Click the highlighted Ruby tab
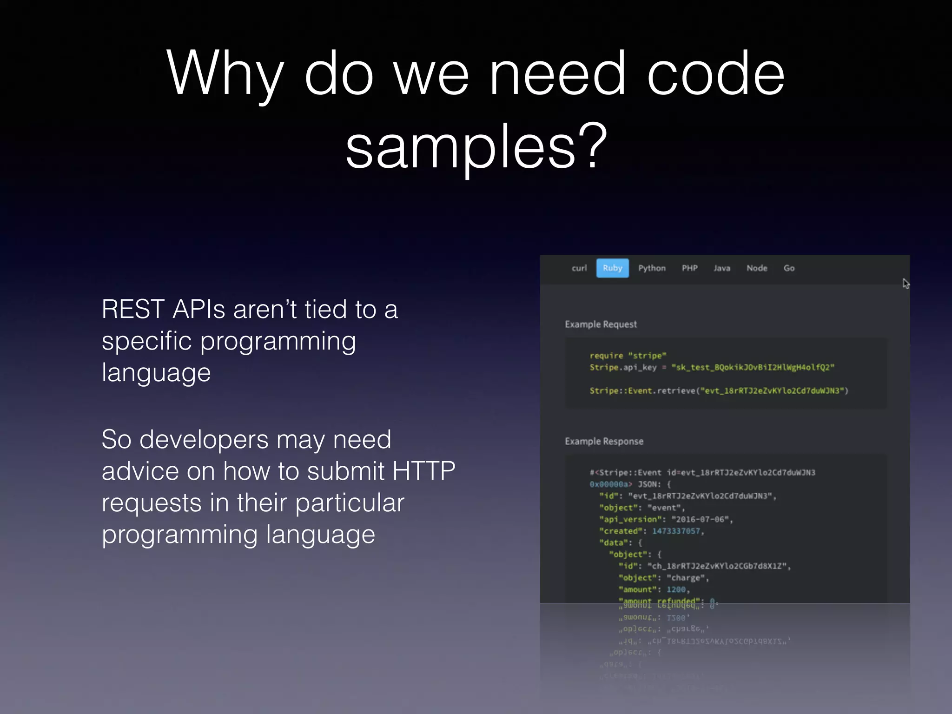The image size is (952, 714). (x=612, y=268)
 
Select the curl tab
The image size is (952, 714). (x=579, y=268)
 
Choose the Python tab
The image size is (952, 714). (x=652, y=268)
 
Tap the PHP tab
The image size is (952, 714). (x=689, y=268)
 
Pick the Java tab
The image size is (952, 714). (x=722, y=268)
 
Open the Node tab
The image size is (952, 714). (x=757, y=268)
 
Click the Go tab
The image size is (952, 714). (x=789, y=268)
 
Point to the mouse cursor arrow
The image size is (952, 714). (x=906, y=283)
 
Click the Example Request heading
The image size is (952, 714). (x=601, y=324)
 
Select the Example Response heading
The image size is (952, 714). (x=604, y=441)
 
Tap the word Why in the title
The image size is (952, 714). (x=225, y=74)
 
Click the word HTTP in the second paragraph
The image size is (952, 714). (x=423, y=471)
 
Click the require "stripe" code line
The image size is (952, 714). (x=628, y=356)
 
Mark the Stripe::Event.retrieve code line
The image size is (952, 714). (x=719, y=391)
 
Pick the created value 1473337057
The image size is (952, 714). (x=676, y=531)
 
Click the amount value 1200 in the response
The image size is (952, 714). (x=676, y=589)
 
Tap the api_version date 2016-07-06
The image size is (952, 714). (x=700, y=519)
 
